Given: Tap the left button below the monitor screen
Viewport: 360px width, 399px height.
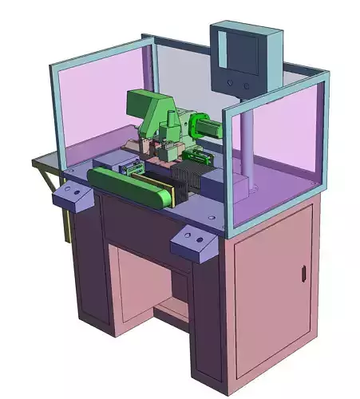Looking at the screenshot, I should click(x=231, y=83).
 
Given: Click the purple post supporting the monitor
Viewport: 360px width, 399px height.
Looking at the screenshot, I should click(x=247, y=144).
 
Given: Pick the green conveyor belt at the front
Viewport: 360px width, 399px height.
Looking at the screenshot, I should click(x=132, y=187).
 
